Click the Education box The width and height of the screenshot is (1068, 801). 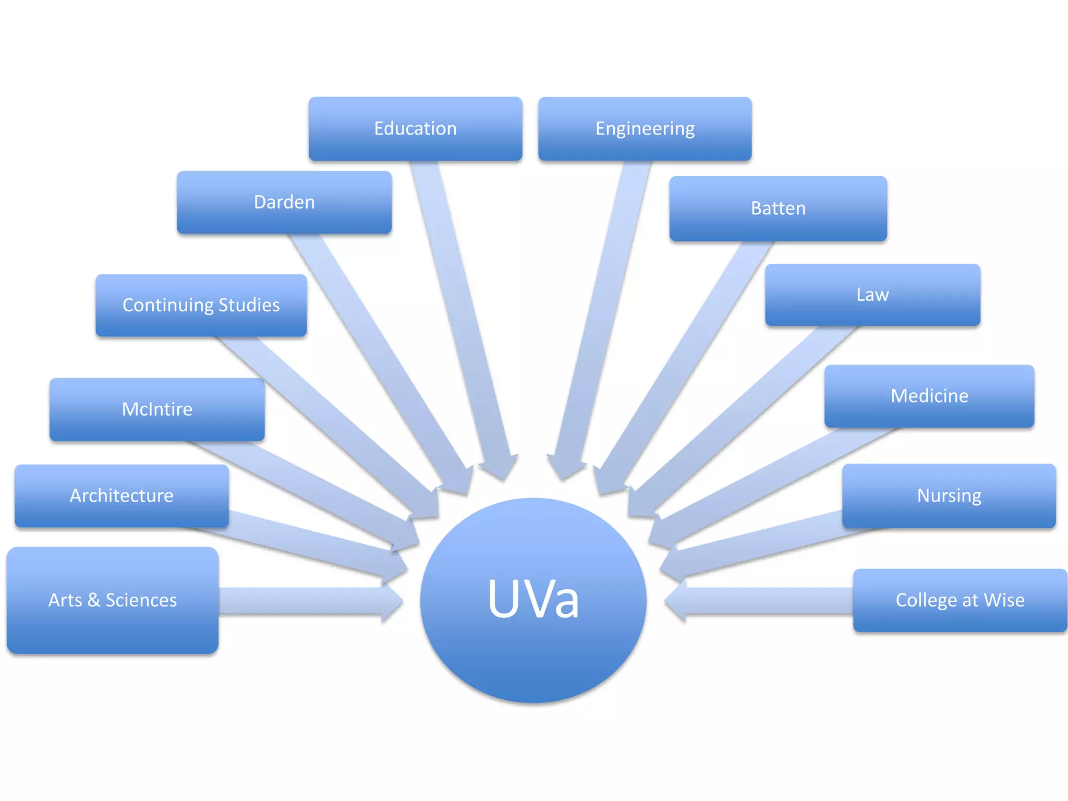pos(415,129)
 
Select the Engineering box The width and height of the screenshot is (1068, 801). pos(645,129)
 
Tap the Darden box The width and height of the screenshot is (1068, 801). pos(284,202)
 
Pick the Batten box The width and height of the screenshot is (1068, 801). pos(778,209)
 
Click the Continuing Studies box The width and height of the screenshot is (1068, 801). pos(201,305)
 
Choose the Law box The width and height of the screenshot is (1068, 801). pos(872,295)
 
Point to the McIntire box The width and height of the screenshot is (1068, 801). pos(157,409)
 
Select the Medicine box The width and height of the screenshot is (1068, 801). pos(929,396)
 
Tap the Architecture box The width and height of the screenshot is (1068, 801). pos(122,495)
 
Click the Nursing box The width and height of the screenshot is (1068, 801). pos(949,495)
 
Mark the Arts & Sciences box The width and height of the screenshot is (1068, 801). pos(113,600)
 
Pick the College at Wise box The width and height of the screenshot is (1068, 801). pos(960,600)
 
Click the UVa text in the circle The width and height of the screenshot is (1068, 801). pos(533,600)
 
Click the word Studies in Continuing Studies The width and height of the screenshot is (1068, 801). pos(249,305)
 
